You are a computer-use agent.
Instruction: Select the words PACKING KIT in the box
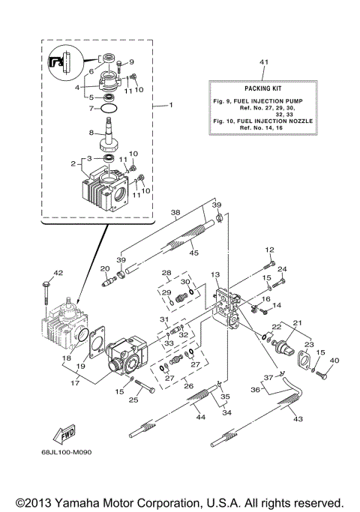(262, 88)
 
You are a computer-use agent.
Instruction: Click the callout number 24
(283, 269)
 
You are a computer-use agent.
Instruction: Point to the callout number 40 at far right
(334, 361)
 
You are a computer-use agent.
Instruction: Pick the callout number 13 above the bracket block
(214, 275)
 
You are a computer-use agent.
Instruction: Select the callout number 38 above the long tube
(175, 213)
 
